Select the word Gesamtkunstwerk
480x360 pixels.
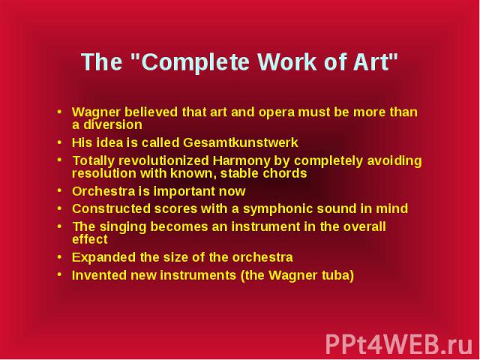pyautogui.click(x=241, y=142)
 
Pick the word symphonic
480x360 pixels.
pyautogui.click(x=277, y=209)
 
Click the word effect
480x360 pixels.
pyautogui.click(x=90, y=239)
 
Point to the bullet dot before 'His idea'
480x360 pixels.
pyautogui.click(x=59, y=142)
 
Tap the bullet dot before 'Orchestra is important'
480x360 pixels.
pyautogui.click(x=59, y=190)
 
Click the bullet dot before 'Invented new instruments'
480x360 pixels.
pyautogui.click(x=59, y=274)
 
